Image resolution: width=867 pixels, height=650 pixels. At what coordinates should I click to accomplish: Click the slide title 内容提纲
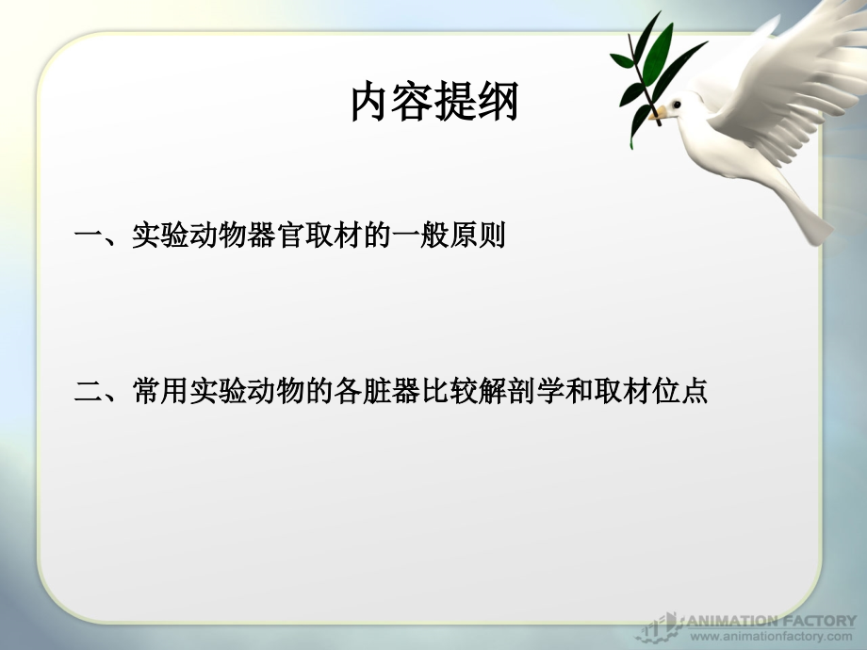[433, 103]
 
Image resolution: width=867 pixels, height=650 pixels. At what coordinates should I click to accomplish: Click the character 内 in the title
[370, 103]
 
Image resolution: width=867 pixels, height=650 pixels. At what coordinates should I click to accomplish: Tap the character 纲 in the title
[498, 103]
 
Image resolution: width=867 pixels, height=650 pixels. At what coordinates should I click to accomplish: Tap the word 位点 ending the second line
[680, 391]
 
